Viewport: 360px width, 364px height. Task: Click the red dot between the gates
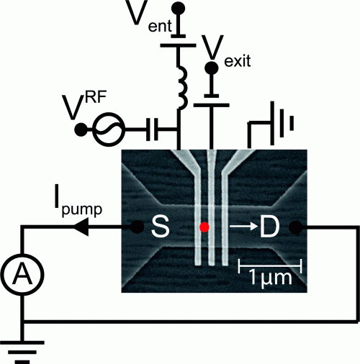(204, 227)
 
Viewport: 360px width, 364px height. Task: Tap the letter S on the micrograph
(161, 227)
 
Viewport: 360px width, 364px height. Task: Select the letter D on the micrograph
(270, 227)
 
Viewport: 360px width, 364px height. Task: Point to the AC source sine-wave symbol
(109, 129)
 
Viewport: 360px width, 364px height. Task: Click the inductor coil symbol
(181, 88)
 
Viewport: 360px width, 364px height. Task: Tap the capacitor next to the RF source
(152, 129)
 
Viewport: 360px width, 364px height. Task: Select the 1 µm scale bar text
(271, 278)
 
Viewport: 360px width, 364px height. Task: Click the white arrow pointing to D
(244, 226)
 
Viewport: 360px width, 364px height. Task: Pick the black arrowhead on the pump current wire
(81, 227)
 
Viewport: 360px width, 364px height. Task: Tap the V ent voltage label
(148, 17)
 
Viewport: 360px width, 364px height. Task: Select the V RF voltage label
(84, 106)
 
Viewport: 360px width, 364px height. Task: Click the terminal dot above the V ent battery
(179, 9)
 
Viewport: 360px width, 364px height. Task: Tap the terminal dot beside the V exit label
(212, 68)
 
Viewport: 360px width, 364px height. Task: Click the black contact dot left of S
(138, 227)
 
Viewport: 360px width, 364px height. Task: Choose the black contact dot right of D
(296, 227)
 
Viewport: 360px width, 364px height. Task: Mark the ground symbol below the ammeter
(22, 352)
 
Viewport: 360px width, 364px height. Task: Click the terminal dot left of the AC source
(81, 129)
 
